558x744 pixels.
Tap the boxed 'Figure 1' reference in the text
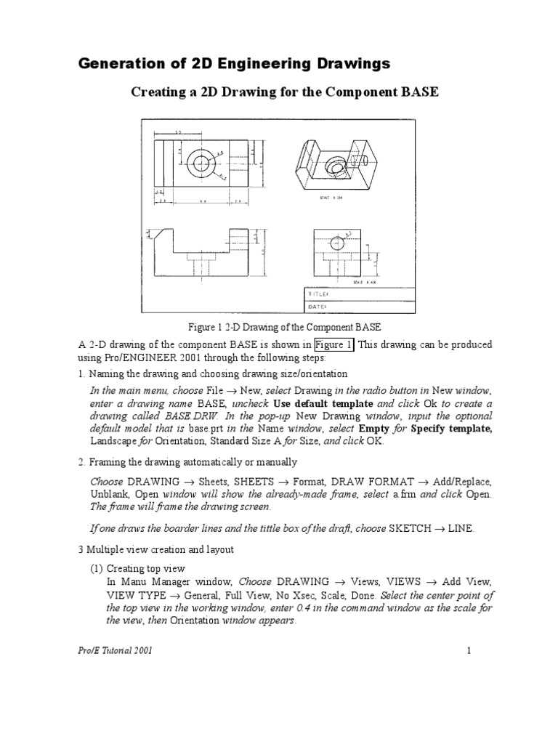pos(334,344)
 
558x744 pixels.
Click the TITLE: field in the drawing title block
pos(320,294)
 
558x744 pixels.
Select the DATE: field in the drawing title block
pos(319,307)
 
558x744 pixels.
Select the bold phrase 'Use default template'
pos(323,403)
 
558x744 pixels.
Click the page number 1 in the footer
pos(470,650)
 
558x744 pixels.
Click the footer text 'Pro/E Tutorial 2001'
pos(116,650)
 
